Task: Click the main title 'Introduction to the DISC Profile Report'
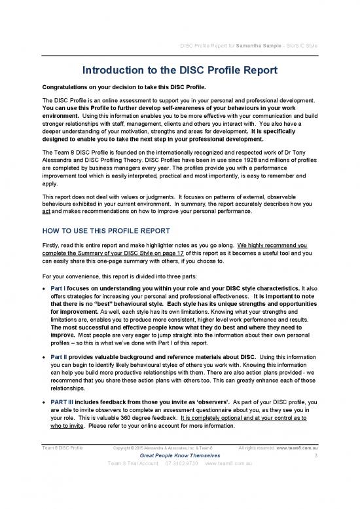(x=180, y=71)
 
